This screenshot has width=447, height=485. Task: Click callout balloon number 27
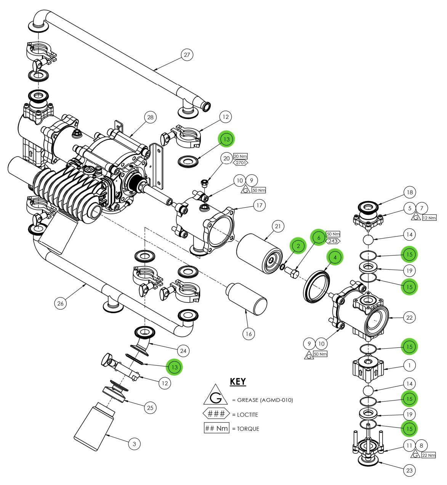click(x=187, y=55)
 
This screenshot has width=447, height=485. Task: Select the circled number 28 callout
click(x=151, y=117)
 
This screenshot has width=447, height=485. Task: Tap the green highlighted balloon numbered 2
click(x=298, y=246)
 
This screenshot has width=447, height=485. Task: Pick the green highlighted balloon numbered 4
click(x=335, y=258)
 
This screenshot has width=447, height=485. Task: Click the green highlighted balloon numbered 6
click(x=319, y=237)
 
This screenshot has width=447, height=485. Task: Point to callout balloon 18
click(x=410, y=192)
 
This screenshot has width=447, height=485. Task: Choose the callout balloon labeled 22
click(x=409, y=317)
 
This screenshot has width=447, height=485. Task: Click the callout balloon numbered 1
click(x=409, y=365)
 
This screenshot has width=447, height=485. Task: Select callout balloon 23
click(x=409, y=470)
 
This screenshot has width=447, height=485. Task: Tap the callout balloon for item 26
click(x=60, y=303)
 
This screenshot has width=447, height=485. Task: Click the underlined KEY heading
click(x=238, y=381)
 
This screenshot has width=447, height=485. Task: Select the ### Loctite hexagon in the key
click(x=216, y=414)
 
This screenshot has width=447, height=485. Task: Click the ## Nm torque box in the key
click(x=216, y=428)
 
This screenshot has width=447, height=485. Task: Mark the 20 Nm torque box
click(x=240, y=156)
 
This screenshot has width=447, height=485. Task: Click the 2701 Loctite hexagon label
click(x=240, y=163)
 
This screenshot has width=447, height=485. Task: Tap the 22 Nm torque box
click(x=429, y=455)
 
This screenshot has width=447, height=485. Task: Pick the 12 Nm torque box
click(x=429, y=218)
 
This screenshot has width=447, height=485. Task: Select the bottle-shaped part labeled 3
click(x=93, y=427)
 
